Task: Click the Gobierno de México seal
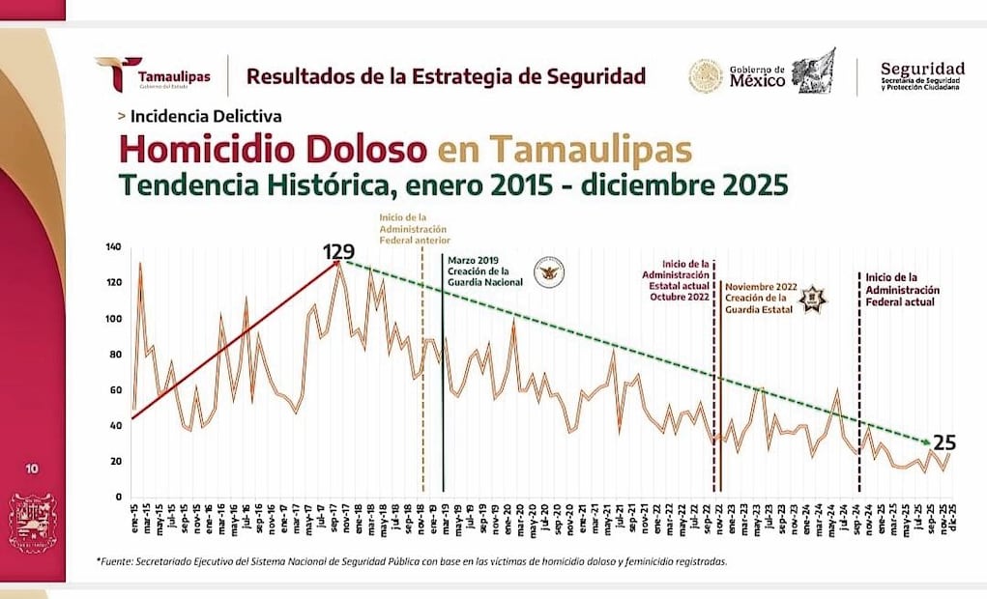[x=706, y=75]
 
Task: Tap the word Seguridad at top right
[x=921, y=69]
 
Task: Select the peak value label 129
[x=338, y=253]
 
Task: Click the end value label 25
[x=944, y=443]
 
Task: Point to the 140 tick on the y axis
[x=114, y=247]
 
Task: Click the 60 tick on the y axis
[x=116, y=390]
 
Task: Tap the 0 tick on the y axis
[x=119, y=497]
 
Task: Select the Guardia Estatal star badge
[x=814, y=298]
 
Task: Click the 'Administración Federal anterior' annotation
[x=416, y=228]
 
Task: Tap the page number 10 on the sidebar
[x=32, y=470]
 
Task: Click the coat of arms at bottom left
[x=32, y=523]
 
